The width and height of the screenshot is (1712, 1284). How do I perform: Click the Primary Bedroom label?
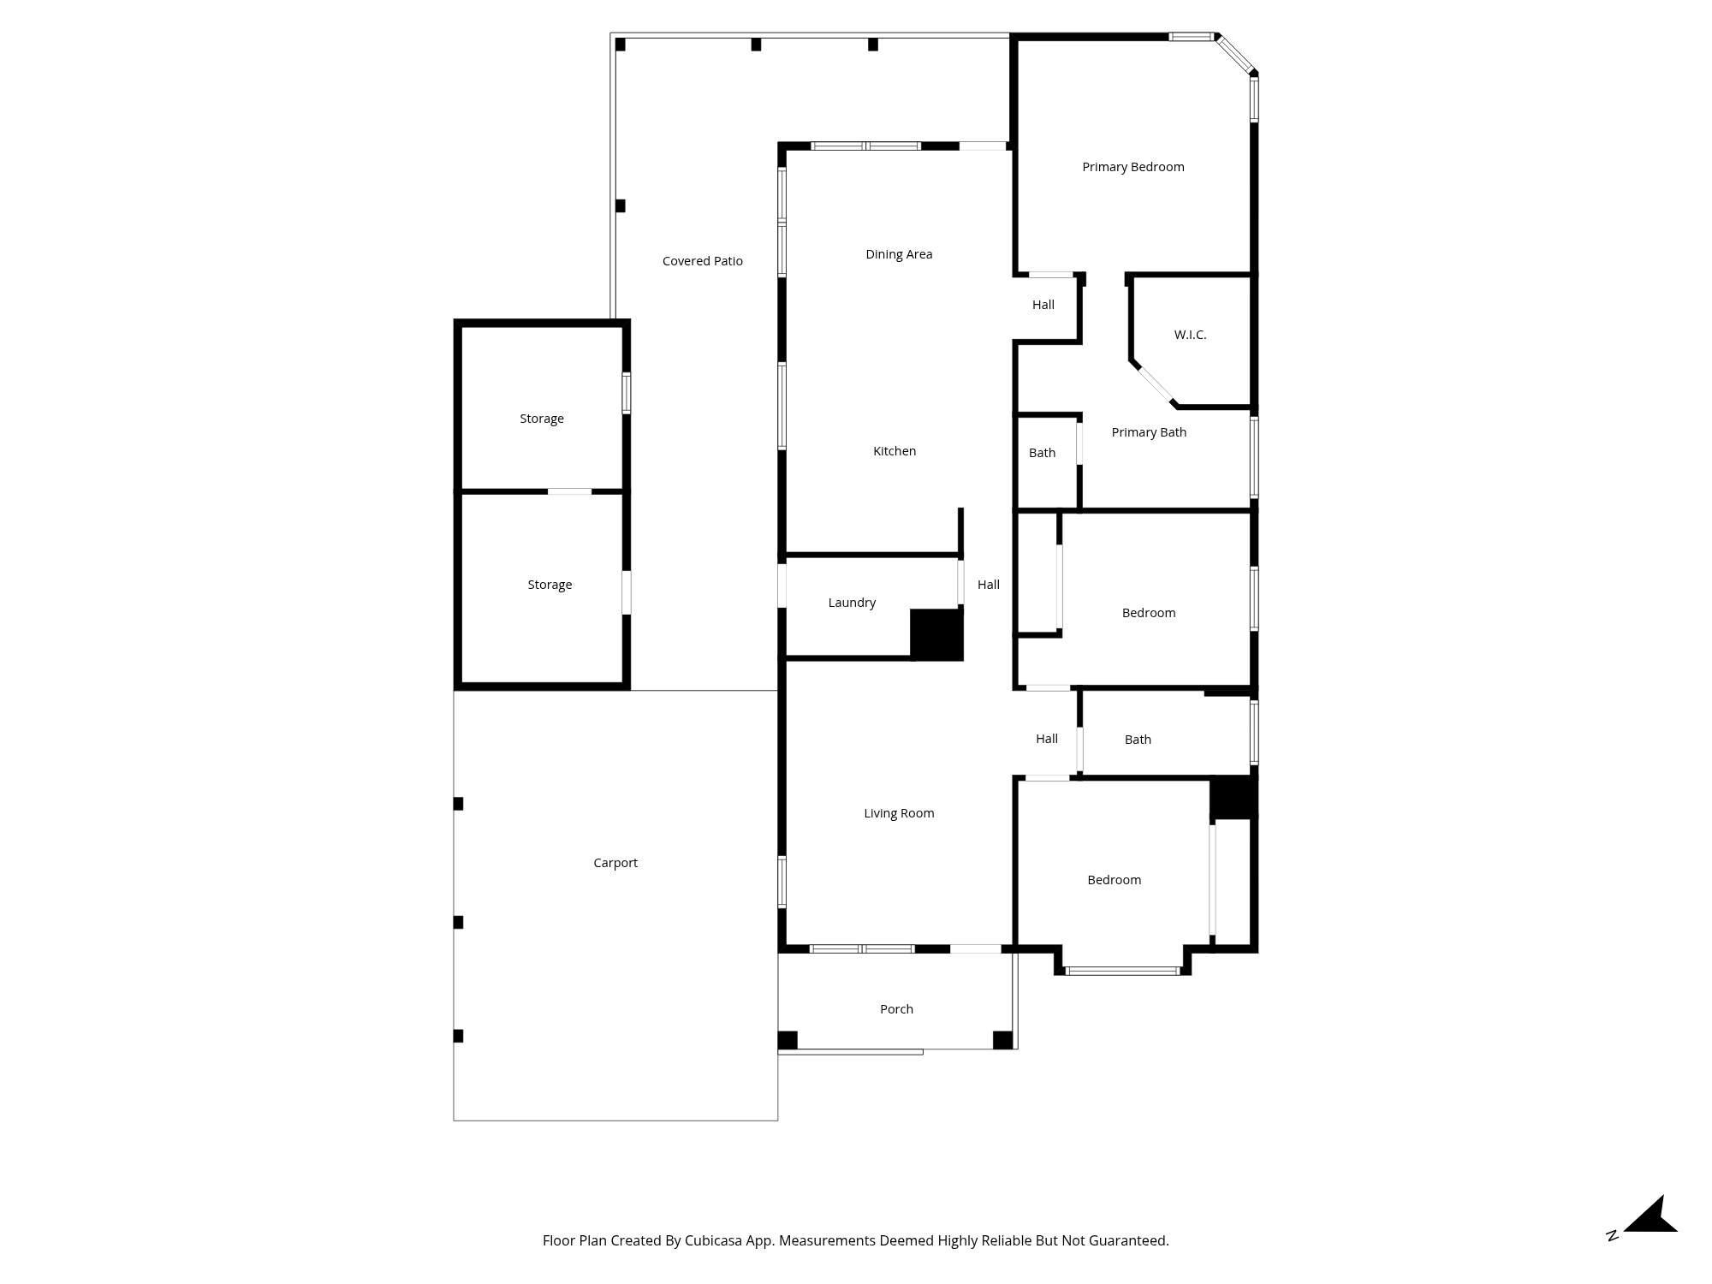coord(1132,167)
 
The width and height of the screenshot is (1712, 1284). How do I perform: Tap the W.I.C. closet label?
coord(1190,335)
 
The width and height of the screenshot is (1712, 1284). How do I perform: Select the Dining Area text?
coord(899,254)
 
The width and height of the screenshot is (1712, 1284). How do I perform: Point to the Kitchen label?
coord(895,451)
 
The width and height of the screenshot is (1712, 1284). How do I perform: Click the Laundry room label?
coord(852,603)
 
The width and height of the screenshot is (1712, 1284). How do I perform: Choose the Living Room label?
coord(899,813)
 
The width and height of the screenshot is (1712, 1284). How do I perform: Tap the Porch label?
coord(896,1009)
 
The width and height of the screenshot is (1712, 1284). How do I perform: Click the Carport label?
coord(615,863)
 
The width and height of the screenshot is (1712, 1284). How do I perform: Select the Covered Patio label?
coord(703,261)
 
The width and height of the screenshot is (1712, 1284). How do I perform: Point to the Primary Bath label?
coord(1149,432)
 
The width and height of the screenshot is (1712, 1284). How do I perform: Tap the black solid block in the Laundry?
coord(936,634)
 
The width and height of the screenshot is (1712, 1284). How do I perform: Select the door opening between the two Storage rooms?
coord(569,491)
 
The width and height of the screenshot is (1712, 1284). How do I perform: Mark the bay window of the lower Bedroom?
coord(1122,971)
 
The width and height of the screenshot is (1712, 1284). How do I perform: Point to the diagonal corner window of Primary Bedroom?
coord(1235,55)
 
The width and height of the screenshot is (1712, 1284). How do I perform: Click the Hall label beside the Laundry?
coord(989,585)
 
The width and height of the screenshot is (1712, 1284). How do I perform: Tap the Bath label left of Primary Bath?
coord(1042,453)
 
